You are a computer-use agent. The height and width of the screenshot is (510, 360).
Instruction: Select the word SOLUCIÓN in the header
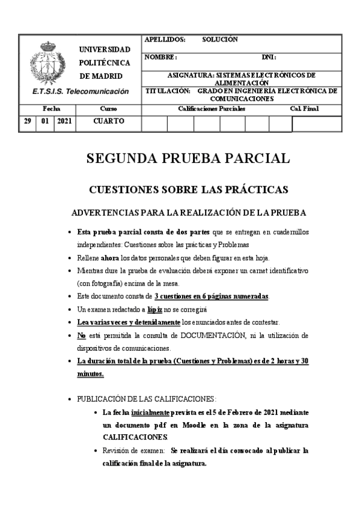(221, 40)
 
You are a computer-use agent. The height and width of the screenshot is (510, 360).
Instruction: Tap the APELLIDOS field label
(165, 40)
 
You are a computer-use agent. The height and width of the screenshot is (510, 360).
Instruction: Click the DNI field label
(269, 57)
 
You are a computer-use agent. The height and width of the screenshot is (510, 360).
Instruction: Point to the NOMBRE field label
(160, 57)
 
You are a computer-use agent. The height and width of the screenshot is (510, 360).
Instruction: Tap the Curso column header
(108, 109)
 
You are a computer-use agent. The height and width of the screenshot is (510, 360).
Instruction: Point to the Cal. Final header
(304, 109)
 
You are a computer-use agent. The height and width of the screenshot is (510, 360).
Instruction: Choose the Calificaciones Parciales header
(212, 109)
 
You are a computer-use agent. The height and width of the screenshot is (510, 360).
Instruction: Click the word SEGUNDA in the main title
(120, 158)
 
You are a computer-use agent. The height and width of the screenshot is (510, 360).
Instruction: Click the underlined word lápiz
(157, 309)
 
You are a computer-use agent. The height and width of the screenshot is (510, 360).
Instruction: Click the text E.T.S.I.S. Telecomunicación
(81, 91)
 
